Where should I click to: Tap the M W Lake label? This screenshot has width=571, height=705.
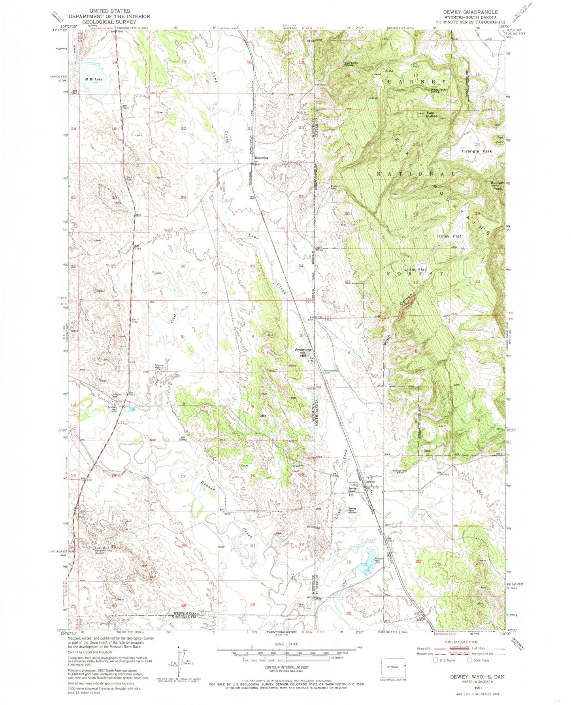pos(94,79)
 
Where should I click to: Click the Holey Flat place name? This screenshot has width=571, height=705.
pos(449,236)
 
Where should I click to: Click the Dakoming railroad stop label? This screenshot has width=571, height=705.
pos(261,158)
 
